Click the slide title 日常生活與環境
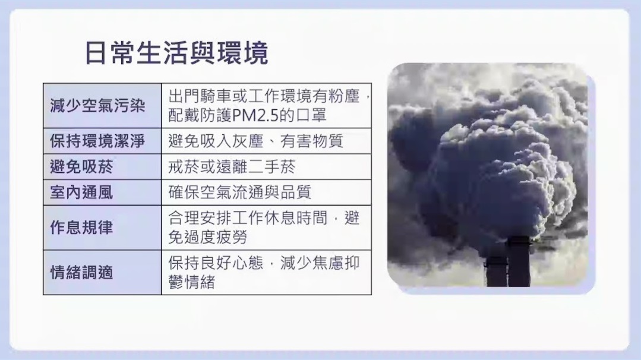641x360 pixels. pos(176,53)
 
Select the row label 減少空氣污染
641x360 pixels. pos(97,106)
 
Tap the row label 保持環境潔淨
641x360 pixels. pos(97,141)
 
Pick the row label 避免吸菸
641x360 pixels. pos(82,167)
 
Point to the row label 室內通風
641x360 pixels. pos(82,192)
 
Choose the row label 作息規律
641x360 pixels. pos(82,228)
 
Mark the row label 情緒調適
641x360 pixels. pos(82,273)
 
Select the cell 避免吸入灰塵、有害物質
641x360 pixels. pos(256,141)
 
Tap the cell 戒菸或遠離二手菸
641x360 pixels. pos(232,167)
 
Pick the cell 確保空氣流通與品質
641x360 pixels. pos(240,192)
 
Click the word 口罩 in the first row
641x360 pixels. pos(311,116)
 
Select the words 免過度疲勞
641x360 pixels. pos(208,237)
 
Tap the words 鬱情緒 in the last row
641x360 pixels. pos(192,282)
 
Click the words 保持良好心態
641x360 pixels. pos(216,263)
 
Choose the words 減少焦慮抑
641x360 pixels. pos(320,263)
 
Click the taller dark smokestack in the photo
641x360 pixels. pos(519,261)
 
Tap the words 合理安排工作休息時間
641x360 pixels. pos(248,218)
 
